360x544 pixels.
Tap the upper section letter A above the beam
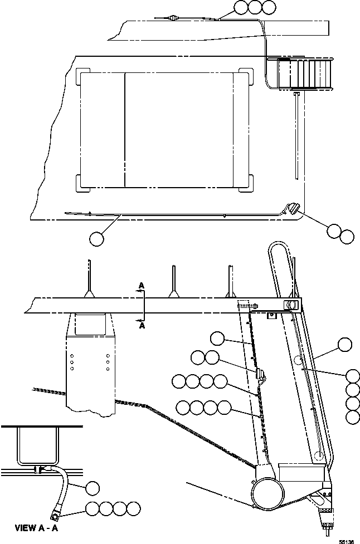142,285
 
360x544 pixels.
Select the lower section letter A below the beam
142,326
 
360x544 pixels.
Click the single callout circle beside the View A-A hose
93,488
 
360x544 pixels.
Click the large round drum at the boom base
266,492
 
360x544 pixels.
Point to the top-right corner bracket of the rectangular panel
245,75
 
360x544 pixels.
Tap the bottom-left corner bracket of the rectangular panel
82,183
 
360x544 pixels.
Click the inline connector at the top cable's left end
173,18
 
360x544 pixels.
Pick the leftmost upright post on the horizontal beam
89,278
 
